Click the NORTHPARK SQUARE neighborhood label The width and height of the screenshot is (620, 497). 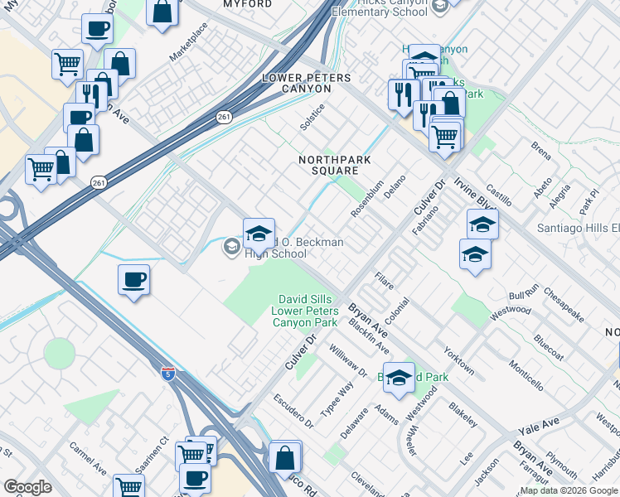tap(329, 165)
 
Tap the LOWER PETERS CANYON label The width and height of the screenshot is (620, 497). tap(306, 83)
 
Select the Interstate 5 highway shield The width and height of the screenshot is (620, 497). tap(167, 374)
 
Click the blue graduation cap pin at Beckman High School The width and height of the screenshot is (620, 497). tap(259, 234)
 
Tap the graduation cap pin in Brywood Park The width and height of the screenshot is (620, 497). tap(399, 378)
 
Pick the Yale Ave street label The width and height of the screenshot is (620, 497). tap(539, 427)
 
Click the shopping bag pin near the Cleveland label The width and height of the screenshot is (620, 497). tap(284, 456)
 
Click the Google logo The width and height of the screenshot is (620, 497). tap(28, 487)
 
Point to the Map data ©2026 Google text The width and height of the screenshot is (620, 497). tap(565, 490)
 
